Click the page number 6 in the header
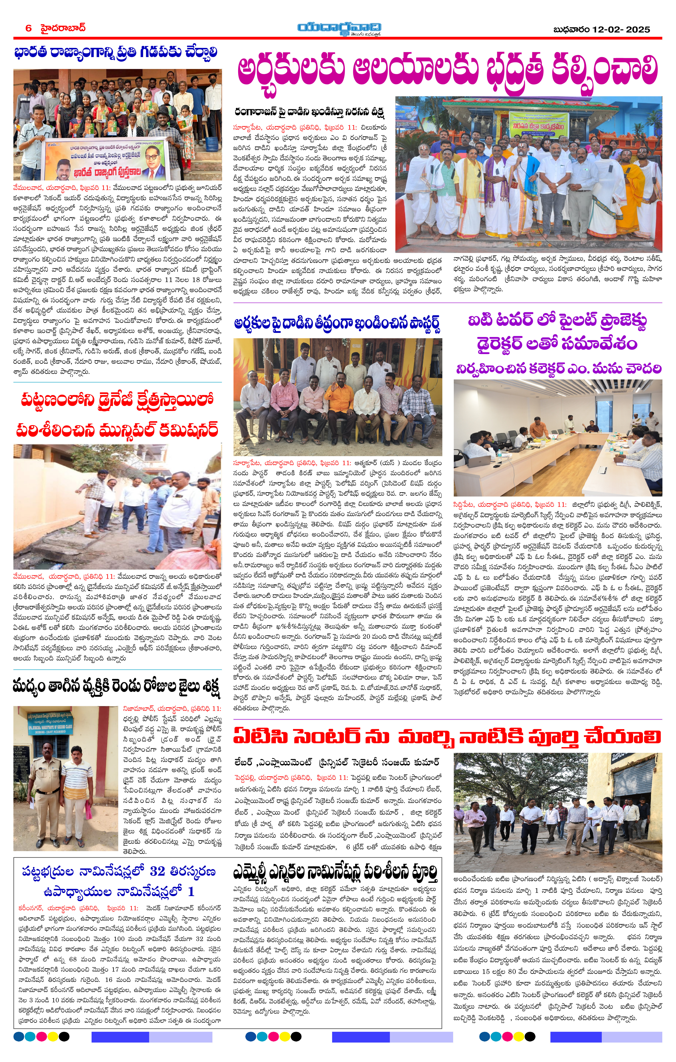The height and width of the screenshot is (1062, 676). pyautogui.click(x=29, y=28)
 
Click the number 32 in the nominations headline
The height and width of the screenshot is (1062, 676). pyautogui.click(x=157, y=871)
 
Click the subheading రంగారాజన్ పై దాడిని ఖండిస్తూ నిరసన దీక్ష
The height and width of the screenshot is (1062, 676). pyautogui.click(x=309, y=111)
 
